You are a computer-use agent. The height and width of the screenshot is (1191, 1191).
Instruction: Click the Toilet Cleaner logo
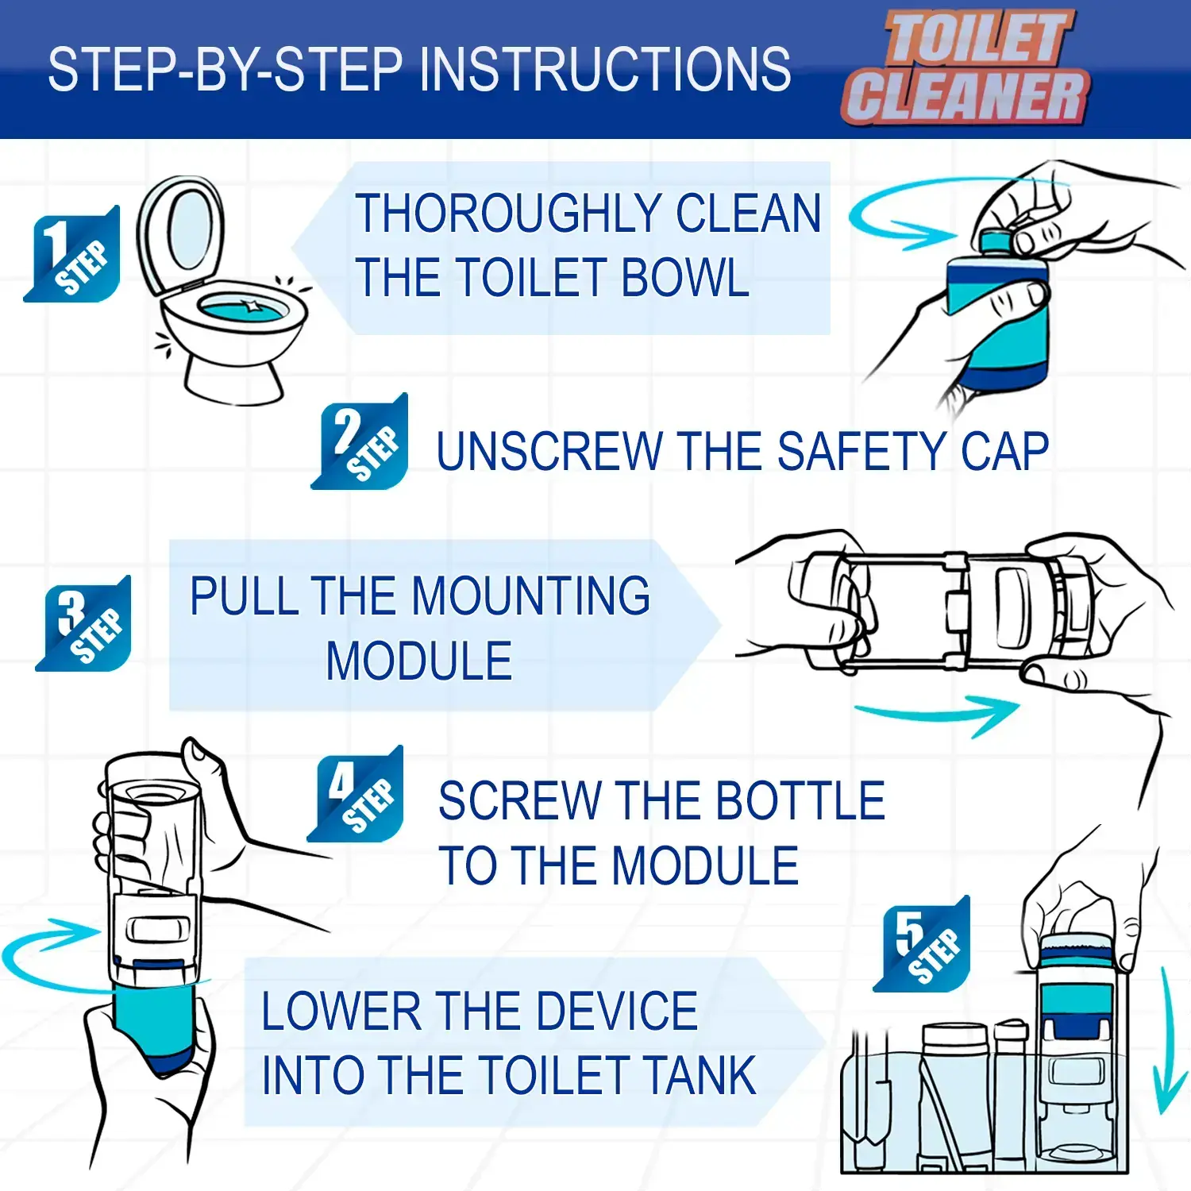(966, 68)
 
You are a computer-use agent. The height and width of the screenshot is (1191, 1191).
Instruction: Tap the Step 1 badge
(72, 254)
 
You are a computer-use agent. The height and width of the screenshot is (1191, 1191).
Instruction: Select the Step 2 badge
(360, 441)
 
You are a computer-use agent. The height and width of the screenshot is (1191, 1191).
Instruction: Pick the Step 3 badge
(83, 623)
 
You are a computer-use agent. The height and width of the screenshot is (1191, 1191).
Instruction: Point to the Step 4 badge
(355, 794)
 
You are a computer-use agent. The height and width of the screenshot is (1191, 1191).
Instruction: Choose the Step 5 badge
(922, 944)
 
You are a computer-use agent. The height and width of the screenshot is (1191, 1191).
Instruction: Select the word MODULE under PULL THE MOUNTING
(419, 661)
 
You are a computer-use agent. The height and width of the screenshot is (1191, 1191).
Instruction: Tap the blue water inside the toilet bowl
(242, 307)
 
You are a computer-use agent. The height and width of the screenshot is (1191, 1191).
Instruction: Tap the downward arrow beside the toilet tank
(1167, 1040)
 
